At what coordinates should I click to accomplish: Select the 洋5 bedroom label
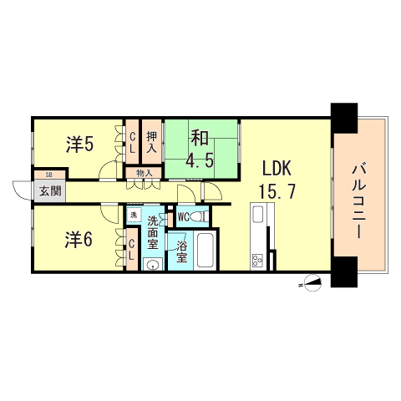pyautogui.click(x=79, y=145)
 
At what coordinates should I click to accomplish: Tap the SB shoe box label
pyautogui.click(x=49, y=175)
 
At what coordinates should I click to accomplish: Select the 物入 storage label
pyautogui.click(x=144, y=174)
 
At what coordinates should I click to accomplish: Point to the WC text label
pyautogui.click(x=183, y=217)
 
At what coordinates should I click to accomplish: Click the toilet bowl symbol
pyautogui.click(x=197, y=217)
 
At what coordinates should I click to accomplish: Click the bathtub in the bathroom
pyautogui.click(x=205, y=248)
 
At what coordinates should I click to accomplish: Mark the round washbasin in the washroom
pyautogui.click(x=151, y=265)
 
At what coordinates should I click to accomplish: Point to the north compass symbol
pyautogui.click(x=312, y=282)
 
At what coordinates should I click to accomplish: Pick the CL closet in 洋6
pyautogui.click(x=132, y=250)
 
